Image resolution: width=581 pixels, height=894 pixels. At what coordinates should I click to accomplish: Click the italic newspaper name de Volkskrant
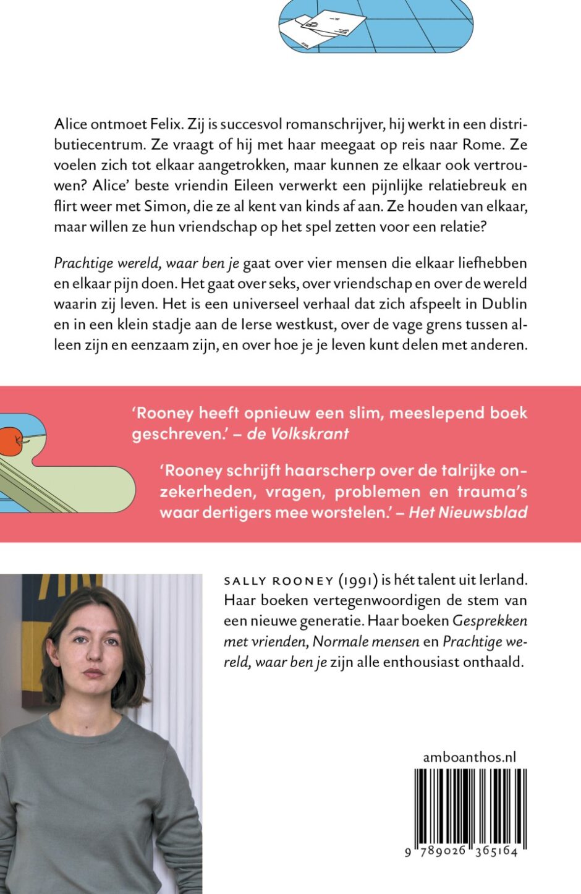point(298,434)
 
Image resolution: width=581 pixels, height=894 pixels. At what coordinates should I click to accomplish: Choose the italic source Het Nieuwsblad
point(468,513)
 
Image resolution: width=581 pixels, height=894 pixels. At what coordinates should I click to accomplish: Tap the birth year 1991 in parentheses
point(358,581)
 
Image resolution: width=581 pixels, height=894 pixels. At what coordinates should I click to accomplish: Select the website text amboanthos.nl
point(469,757)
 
